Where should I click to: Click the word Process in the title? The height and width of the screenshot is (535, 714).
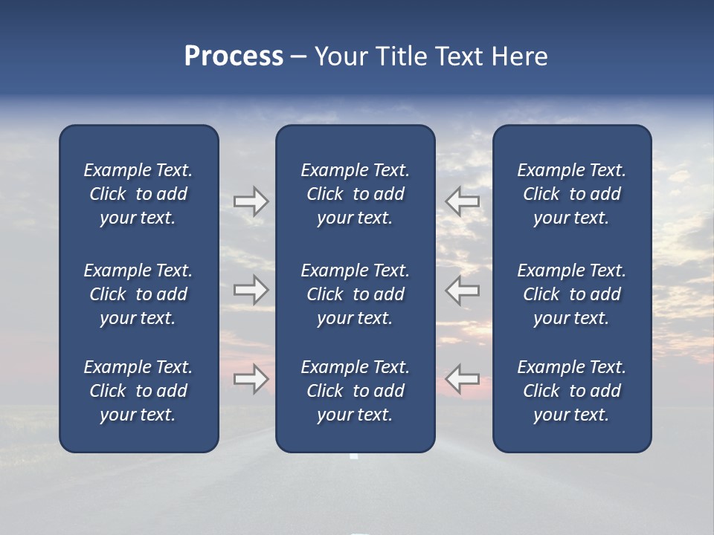point(234,56)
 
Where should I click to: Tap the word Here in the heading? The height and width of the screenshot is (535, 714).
point(519,56)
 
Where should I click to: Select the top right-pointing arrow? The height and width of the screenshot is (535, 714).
point(251,201)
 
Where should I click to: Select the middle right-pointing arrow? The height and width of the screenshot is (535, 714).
point(251,290)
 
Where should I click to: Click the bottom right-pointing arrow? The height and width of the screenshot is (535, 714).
point(251,379)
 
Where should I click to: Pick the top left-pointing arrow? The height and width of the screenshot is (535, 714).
point(463,201)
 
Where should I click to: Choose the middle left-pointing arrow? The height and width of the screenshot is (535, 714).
point(463,290)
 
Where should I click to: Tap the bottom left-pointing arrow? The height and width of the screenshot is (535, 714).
point(463,379)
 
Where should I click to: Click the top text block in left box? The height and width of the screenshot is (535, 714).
point(138,194)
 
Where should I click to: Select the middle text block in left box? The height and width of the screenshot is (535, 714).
point(138,294)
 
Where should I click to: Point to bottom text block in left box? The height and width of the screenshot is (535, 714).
point(138,391)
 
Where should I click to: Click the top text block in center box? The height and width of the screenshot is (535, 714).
point(355,194)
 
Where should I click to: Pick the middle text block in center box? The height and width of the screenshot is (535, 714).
point(355,294)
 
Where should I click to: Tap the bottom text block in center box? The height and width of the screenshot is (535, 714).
point(355,391)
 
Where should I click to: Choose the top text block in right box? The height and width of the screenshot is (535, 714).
point(571,194)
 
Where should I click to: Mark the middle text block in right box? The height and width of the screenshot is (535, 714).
point(571,294)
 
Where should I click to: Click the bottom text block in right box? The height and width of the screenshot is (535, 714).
point(571,391)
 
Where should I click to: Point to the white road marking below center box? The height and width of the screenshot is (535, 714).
point(354,455)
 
